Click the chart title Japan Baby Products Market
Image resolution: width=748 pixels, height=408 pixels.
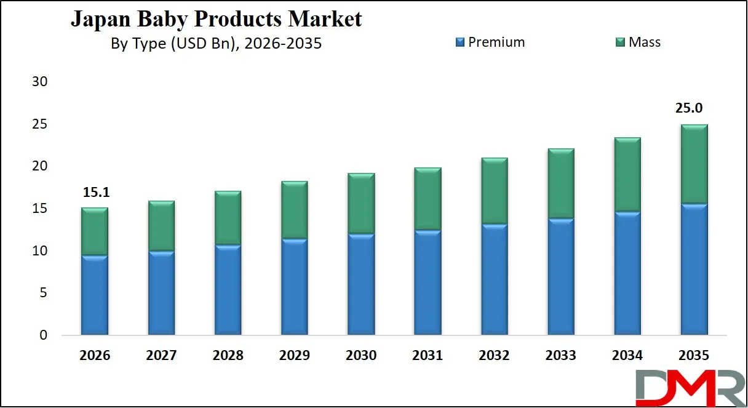click(216, 19)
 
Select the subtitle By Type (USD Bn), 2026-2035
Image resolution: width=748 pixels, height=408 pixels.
click(216, 44)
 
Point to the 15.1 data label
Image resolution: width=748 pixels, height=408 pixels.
click(95, 193)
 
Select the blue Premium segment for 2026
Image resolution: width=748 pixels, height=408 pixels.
click(95, 295)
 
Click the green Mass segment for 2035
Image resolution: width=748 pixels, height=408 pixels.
click(694, 164)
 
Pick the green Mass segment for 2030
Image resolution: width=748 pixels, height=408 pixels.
click(361, 204)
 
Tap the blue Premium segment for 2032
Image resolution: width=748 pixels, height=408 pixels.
click(494, 280)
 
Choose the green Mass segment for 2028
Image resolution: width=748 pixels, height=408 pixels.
click(228, 218)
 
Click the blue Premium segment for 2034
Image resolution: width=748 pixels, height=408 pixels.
click(627, 274)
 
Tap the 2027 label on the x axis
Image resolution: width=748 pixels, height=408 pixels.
click(161, 356)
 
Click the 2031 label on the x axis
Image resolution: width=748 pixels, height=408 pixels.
click(428, 356)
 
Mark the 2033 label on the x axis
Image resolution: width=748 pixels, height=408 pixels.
click(561, 356)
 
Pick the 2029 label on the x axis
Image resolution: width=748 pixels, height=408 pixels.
click(294, 356)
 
